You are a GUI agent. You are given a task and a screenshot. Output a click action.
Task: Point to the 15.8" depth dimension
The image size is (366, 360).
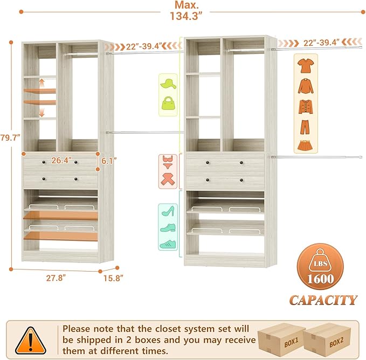[114, 278]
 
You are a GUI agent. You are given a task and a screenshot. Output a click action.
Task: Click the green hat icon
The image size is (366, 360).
[168, 84]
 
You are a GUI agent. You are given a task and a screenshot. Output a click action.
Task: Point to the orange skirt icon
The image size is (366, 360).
[305, 144]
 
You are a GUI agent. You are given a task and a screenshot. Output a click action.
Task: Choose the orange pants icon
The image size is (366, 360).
[305, 126]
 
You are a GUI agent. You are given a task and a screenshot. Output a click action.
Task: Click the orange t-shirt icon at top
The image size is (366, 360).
[305, 66]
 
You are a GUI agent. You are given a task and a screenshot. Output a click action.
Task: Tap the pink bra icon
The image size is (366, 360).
[168, 161]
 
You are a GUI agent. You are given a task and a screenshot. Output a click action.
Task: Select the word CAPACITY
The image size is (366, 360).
[323, 300]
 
